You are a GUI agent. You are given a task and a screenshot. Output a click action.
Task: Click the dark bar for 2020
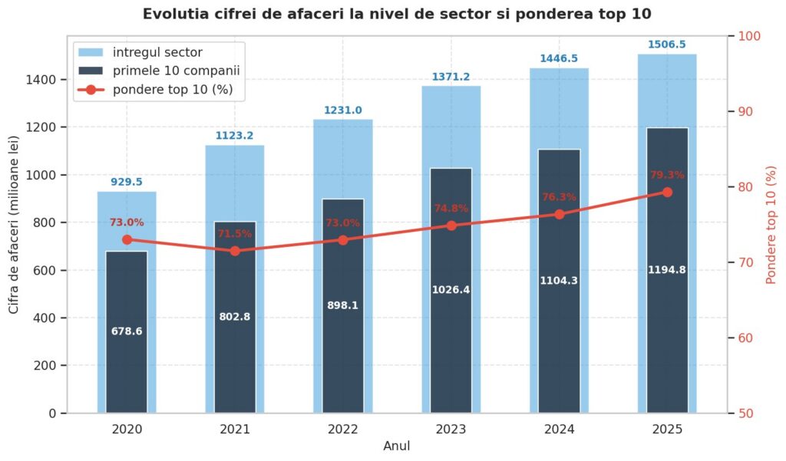pos(127,331)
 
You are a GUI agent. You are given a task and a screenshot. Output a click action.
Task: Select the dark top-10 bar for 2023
pos(451,291)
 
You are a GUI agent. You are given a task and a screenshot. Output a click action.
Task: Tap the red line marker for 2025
pos(667,192)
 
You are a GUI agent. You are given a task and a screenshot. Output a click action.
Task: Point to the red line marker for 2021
pos(235,251)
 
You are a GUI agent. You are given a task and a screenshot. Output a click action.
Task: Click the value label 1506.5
pos(667,44)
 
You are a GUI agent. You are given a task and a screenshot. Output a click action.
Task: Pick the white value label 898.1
pos(343,305)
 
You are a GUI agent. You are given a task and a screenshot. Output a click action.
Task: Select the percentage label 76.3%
pos(559,197)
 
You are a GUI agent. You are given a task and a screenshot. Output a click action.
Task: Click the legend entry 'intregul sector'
pos(157,52)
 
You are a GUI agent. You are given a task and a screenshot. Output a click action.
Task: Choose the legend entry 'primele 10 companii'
pos(176,71)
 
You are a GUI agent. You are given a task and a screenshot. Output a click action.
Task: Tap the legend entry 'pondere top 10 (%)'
pos(173,89)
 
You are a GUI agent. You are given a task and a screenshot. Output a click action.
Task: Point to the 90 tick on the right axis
pos(745,111)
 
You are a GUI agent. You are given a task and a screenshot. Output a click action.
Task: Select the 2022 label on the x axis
pos(343,430)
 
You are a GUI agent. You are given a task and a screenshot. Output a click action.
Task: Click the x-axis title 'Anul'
pos(397,446)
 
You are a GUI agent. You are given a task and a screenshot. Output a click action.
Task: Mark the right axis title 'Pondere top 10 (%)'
pos(771,225)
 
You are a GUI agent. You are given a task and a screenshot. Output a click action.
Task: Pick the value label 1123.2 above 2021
pos(235,135)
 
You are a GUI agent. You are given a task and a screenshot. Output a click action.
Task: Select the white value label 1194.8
pos(667,269)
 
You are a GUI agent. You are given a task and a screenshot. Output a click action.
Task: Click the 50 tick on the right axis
pos(745,413)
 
